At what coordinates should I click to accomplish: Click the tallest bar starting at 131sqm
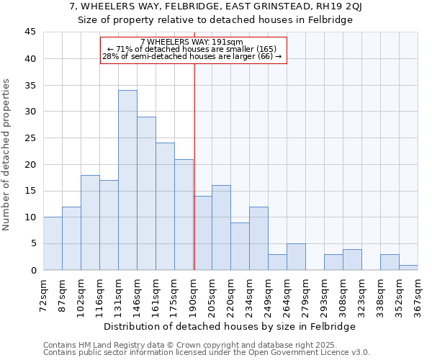127,180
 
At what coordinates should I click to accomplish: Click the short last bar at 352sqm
408,267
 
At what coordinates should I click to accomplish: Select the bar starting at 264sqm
296,257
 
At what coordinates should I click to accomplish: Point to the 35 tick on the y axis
30,85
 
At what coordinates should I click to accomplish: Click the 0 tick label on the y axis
33,270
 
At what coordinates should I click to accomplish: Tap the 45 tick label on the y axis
30,32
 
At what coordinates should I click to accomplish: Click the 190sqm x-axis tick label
194,294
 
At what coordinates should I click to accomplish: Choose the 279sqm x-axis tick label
306,294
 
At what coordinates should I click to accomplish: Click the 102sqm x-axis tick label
81,294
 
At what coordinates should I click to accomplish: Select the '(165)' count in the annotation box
254,49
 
